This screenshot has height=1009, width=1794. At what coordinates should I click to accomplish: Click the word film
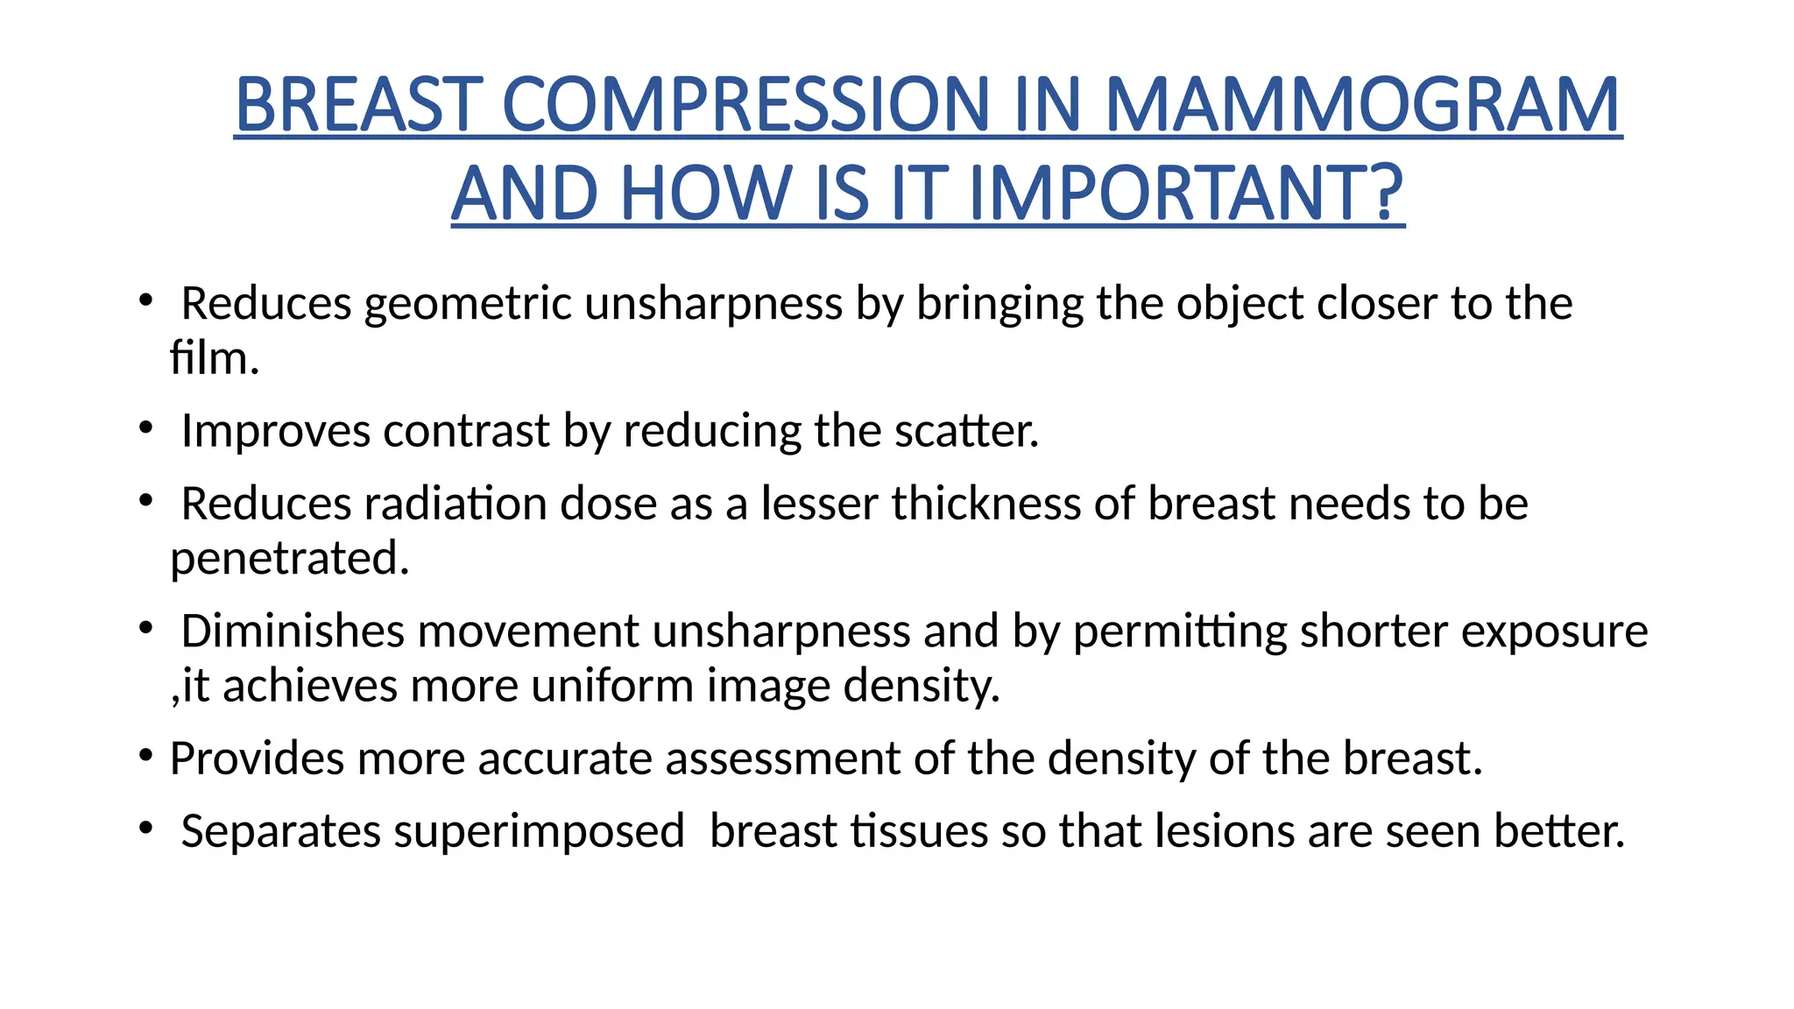[213, 358]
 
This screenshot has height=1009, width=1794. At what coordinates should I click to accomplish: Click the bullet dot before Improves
[145, 428]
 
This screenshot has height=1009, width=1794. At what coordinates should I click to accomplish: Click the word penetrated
[289, 559]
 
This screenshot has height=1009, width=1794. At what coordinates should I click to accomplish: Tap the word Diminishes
[291, 631]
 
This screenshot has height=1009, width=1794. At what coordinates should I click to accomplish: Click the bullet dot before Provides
[145, 755]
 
